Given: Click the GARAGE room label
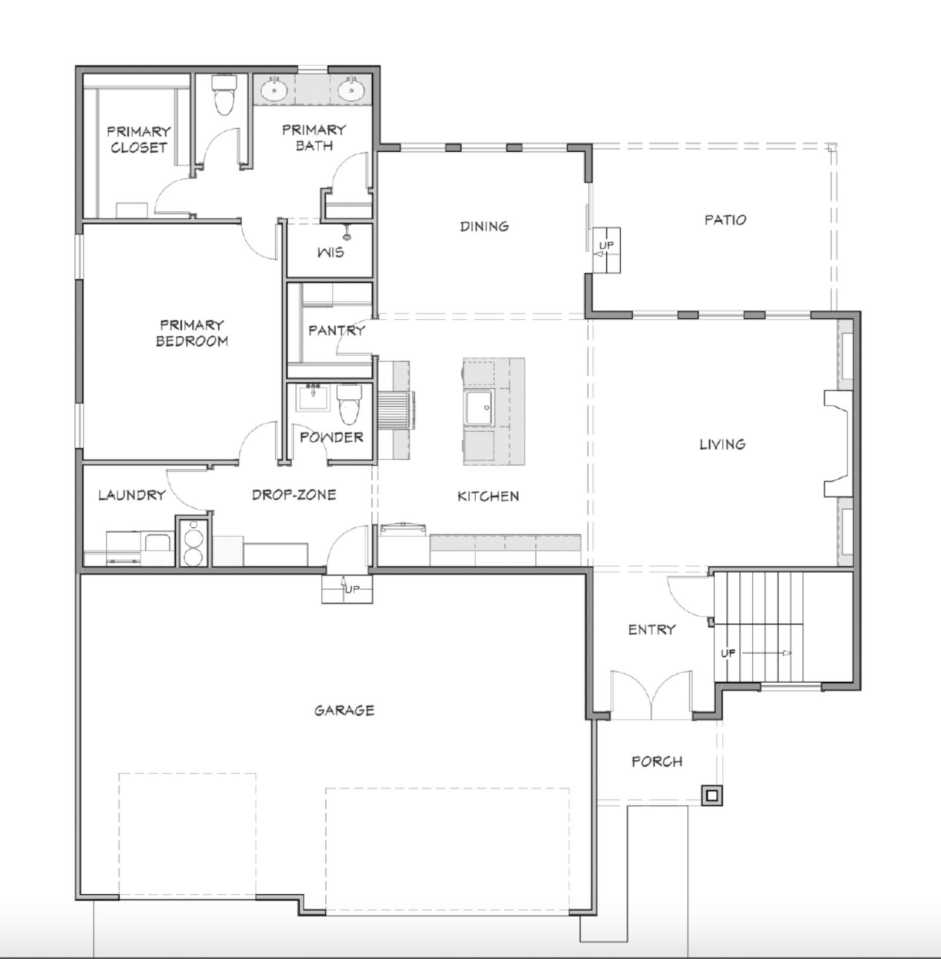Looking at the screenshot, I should click(x=344, y=710).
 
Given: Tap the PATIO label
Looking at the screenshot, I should click(x=725, y=220).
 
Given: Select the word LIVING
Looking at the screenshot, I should click(x=722, y=444).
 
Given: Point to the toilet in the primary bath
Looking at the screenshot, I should click(x=223, y=98).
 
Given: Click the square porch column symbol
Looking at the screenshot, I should click(x=712, y=796).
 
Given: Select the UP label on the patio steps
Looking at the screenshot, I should click(x=606, y=245).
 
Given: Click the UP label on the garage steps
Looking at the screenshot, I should click(x=351, y=589).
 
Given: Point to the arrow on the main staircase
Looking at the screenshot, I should click(x=786, y=653).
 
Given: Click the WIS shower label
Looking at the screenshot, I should click(x=330, y=253).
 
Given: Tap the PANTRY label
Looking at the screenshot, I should click(x=336, y=330).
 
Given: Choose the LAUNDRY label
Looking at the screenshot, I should click(x=132, y=495).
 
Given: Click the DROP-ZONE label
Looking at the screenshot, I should click(x=294, y=494).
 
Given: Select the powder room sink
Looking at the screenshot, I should click(x=313, y=399).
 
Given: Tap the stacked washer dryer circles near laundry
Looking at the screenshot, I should click(x=192, y=544).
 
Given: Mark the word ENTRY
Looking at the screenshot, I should click(x=652, y=630).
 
